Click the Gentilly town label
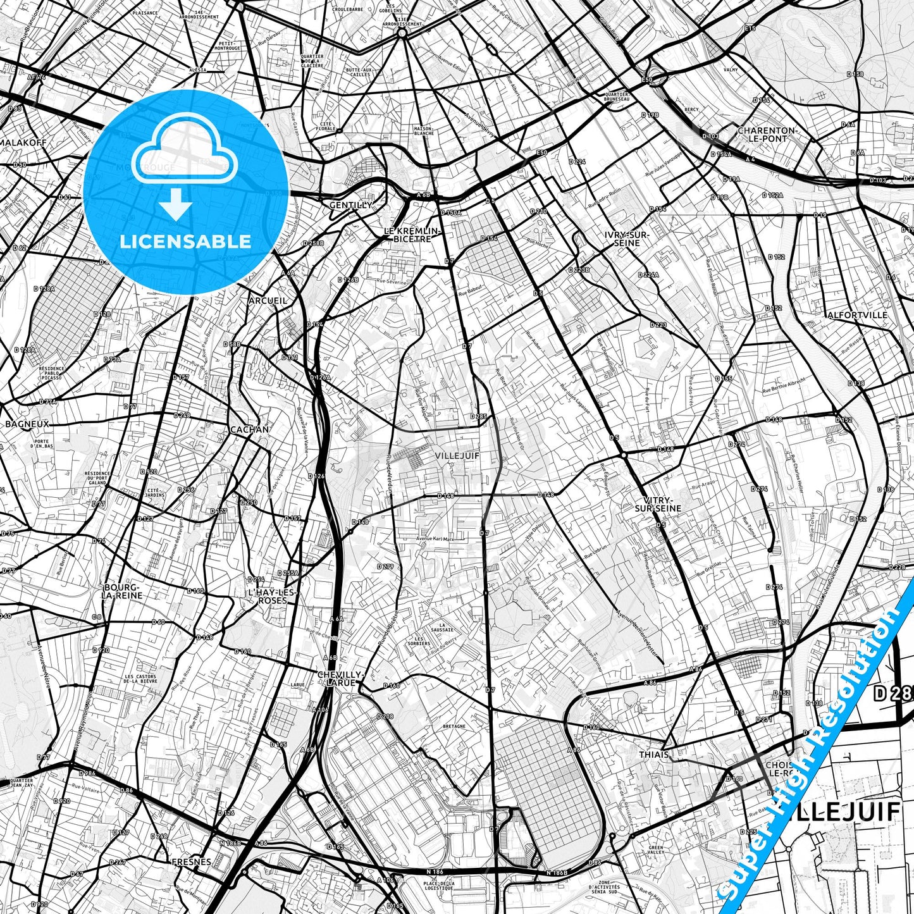350,206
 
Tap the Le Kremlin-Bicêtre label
412,235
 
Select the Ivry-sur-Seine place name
626,238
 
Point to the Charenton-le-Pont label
767,134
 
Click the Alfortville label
857,315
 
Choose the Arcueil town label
268,300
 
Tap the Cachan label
249,429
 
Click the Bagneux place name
27,424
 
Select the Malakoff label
23,142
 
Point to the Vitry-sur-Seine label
658,503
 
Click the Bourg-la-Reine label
123,591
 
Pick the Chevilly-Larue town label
341,678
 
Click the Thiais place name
654,755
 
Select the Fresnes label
191,862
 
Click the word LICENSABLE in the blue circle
185,241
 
